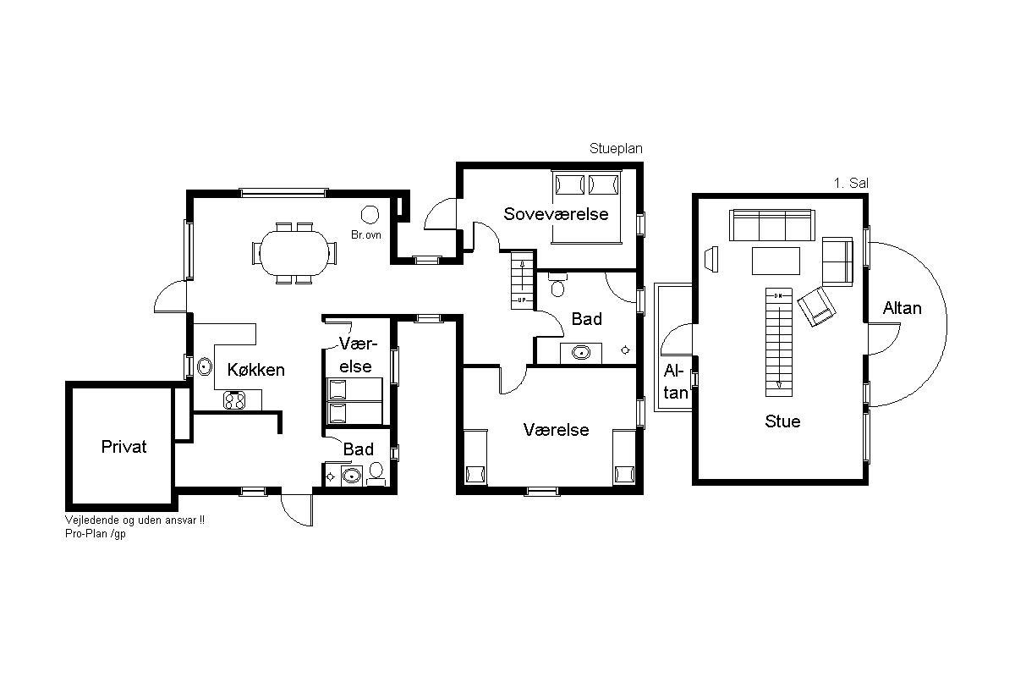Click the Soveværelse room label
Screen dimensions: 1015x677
pos(556,214)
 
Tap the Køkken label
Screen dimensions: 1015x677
pos(256,370)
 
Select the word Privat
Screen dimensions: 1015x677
pos(123,447)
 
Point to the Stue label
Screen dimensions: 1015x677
pos(782,421)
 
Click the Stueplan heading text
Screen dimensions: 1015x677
pos(616,149)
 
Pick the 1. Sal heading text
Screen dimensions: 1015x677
pos(851,183)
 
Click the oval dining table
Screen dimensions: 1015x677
pos(294,253)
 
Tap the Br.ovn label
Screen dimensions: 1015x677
pos(366,235)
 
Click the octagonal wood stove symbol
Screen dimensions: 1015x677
pos(370,215)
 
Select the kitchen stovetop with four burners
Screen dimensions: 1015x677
pos(234,400)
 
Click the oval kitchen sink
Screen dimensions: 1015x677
pos(205,366)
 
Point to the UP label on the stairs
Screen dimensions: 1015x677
pos(522,300)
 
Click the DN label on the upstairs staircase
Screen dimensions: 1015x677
pos(778,296)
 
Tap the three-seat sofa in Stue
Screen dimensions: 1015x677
pos(772,225)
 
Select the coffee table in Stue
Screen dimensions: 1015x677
pos(776,261)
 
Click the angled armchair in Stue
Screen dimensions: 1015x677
pos(816,306)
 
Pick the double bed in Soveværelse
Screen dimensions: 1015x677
pos(586,207)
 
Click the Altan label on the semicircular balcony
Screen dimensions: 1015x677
pos(903,308)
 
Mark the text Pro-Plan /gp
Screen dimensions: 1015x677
pos(95,534)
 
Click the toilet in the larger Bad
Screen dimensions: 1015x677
pos(557,285)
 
